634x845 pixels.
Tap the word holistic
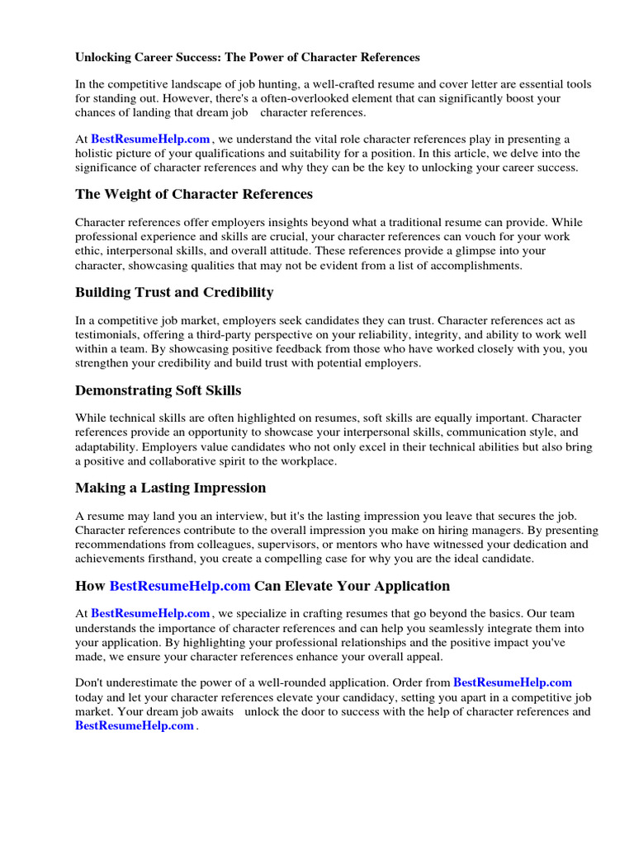coord(96,153)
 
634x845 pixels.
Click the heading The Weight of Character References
coord(194,195)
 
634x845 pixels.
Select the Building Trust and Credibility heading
coord(174,292)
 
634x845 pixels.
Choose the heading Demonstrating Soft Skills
coord(158,389)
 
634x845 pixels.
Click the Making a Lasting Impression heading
coord(171,488)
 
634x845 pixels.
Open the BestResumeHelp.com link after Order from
coord(513,683)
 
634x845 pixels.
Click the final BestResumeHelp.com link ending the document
coord(135,726)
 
